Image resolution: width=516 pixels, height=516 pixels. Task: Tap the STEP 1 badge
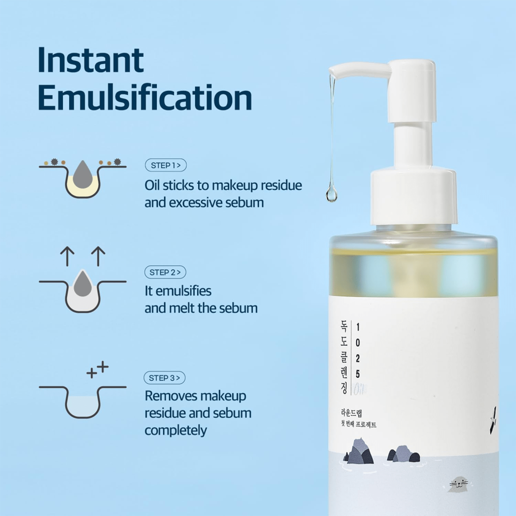[166, 165]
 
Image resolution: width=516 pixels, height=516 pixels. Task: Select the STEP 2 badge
[165, 272]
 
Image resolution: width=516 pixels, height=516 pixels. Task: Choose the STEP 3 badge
[164, 378]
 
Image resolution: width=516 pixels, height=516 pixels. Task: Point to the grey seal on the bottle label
[459, 484]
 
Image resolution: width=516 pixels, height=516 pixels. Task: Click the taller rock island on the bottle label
[359, 451]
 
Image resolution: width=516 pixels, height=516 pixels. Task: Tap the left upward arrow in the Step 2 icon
[67, 256]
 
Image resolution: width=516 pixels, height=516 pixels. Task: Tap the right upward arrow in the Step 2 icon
[98, 256]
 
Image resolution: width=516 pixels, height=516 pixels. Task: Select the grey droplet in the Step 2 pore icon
[83, 284]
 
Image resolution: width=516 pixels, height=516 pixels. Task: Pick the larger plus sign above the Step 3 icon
[103, 367]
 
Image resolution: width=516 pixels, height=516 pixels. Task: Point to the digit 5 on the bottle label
[358, 374]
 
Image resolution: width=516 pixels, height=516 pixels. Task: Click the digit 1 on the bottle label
[358, 327]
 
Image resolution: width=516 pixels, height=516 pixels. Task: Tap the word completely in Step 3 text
[176, 430]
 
